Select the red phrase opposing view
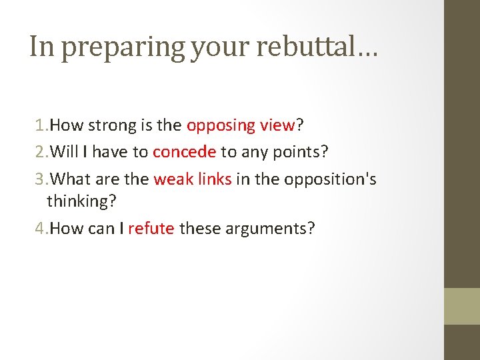click(241, 125)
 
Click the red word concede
click(184, 152)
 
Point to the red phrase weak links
click(193, 179)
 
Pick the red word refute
click(151, 229)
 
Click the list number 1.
click(39, 125)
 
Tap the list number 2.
click(39, 152)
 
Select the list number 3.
click(39, 179)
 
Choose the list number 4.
click(39, 229)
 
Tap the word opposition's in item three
click(330, 179)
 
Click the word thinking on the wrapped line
click(77, 200)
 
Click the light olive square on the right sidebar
click(462, 306)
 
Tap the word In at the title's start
click(39, 47)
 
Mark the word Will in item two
click(64, 152)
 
